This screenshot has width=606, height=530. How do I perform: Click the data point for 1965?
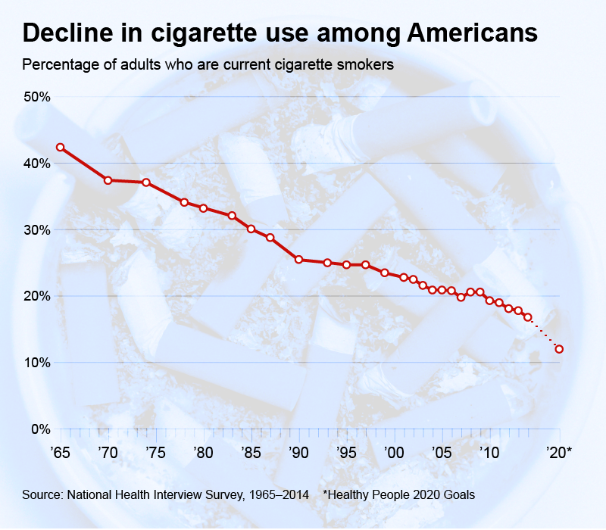60,148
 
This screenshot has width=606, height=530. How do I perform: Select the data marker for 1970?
108,180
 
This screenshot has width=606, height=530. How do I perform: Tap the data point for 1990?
299,260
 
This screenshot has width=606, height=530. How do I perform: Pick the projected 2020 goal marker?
559,349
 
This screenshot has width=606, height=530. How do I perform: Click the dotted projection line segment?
544,333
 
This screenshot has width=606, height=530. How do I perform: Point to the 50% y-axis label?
36,97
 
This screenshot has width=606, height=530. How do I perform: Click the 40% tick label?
36,164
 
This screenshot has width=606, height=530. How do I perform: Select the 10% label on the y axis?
36,363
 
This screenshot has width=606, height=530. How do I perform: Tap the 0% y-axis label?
39,429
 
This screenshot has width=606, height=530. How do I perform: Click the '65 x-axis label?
60,453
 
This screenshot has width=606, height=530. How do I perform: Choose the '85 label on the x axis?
250,453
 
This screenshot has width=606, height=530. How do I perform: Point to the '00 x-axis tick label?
392,453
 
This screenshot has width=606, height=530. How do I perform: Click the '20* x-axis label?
560,453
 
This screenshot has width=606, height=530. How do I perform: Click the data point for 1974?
146,182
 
